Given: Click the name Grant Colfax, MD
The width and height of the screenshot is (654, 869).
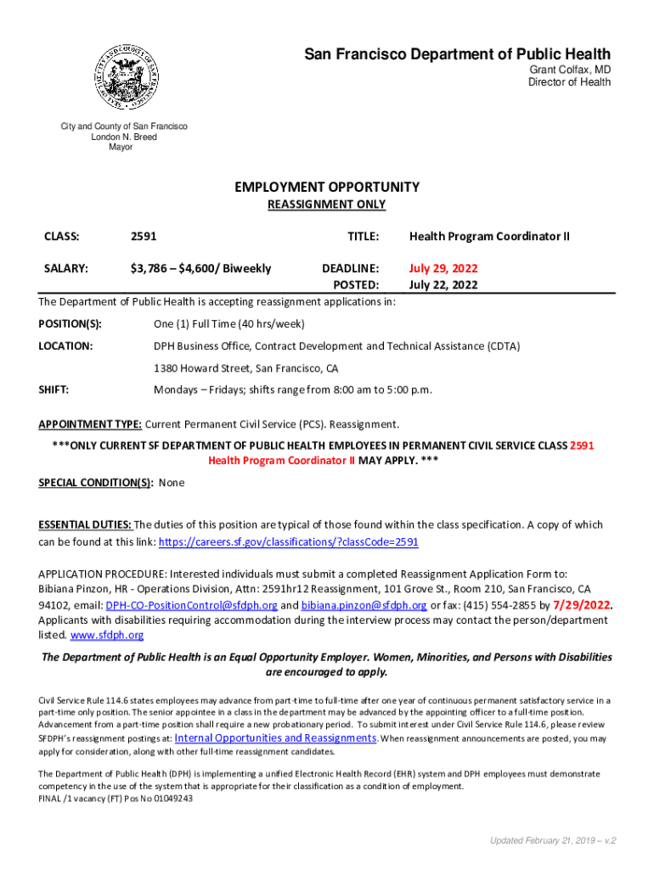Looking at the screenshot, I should point(570,70).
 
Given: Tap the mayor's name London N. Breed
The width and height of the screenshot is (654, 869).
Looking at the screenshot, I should point(124,137).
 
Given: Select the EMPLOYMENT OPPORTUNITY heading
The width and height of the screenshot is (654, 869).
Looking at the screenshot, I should point(327,187).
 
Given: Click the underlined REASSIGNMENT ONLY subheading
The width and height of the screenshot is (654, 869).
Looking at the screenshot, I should point(327,205).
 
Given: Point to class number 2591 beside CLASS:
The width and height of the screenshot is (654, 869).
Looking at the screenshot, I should point(143,236).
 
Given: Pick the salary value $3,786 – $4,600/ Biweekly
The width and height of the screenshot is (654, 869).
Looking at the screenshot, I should point(200,268).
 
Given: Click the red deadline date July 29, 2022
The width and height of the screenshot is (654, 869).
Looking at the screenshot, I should point(443,268).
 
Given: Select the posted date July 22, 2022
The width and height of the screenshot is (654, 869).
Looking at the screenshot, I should point(443,285).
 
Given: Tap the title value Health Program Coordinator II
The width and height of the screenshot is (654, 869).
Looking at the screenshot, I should point(489,236).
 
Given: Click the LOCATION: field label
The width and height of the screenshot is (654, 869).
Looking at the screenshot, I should point(65,346).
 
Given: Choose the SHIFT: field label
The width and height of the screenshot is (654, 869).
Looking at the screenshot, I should point(54,390).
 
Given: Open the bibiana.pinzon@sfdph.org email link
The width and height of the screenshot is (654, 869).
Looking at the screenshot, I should point(364,605).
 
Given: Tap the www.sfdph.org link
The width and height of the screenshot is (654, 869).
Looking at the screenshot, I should point(106,635).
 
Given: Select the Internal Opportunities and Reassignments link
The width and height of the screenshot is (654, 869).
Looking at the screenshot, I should point(275,738).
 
